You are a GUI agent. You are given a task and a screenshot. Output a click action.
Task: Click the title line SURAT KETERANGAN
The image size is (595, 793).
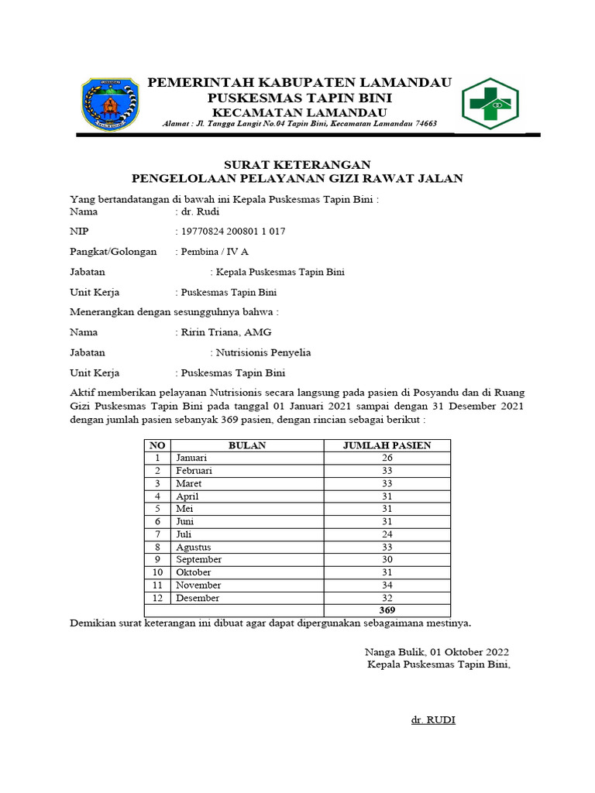[287, 164]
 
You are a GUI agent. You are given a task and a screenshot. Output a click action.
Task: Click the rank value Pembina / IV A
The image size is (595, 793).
[215, 252]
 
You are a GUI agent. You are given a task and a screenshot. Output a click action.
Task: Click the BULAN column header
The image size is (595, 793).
[247, 445]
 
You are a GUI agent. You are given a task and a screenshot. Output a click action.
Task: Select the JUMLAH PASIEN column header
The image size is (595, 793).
[387, 445]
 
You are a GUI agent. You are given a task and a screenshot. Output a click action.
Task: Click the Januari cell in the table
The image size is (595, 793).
[191, 458]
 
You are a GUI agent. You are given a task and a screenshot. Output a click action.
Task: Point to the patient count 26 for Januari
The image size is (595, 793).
[387, 458]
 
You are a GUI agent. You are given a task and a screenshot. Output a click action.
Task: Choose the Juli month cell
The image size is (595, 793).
[184, 534]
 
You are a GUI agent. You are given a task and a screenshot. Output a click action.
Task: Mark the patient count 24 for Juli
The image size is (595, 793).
[387, 534]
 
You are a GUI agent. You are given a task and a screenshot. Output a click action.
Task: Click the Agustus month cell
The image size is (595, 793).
[193, 547]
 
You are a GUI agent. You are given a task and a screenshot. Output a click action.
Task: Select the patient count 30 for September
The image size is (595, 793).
[387, 560]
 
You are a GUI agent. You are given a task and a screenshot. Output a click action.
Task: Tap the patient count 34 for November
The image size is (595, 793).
[387, 585]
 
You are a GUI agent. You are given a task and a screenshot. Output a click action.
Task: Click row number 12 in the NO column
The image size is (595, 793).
[157, 598]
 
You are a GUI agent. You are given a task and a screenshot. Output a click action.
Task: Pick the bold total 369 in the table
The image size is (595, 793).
[387, 610]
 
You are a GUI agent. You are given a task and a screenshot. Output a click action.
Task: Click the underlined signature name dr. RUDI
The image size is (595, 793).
[433, 720]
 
